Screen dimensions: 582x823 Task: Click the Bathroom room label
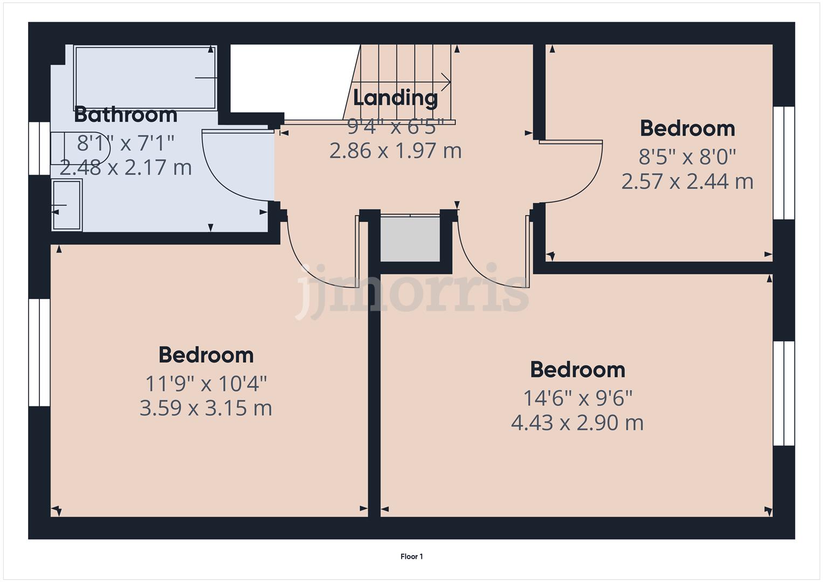[125, 115]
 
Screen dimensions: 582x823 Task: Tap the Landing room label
[395, 98]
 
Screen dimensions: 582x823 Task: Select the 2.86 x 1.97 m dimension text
[395, 150]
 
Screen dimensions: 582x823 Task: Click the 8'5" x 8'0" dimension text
[687, 157]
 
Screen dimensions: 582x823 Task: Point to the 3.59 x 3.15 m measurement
[205, 408]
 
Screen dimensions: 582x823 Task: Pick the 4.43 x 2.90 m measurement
[577, 422]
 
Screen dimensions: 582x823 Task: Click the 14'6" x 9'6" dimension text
[577, 398]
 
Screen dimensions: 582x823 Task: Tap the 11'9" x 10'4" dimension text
[205, 384]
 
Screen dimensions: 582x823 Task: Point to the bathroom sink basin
[67, 205]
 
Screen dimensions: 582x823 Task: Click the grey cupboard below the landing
[410, 239]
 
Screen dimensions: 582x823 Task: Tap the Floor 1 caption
[411, 557]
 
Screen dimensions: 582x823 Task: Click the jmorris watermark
[412, 292]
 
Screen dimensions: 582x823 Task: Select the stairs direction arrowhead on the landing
[446, 82]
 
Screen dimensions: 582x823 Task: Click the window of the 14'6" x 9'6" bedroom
[784, 393]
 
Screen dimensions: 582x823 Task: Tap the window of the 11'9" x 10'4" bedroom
[39, 352]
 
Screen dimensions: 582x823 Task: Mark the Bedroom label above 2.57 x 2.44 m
[687, 128]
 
